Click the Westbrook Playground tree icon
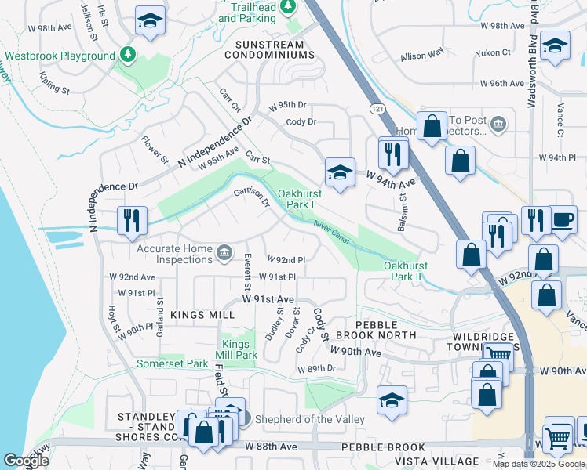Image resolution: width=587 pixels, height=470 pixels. point(127,56)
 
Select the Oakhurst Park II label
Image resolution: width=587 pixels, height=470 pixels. point(414,271)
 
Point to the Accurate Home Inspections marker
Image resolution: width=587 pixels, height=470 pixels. point(224,251)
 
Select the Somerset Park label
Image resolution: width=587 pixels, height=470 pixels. point(173,363)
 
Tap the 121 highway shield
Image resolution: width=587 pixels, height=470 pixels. point(379,110)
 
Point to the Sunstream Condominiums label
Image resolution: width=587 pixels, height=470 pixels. point(269,49)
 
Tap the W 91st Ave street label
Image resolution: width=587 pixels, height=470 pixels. point(268,299)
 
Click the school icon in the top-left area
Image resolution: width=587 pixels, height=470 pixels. point(149,22)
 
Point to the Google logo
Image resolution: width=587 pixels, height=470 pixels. point(26,461)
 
